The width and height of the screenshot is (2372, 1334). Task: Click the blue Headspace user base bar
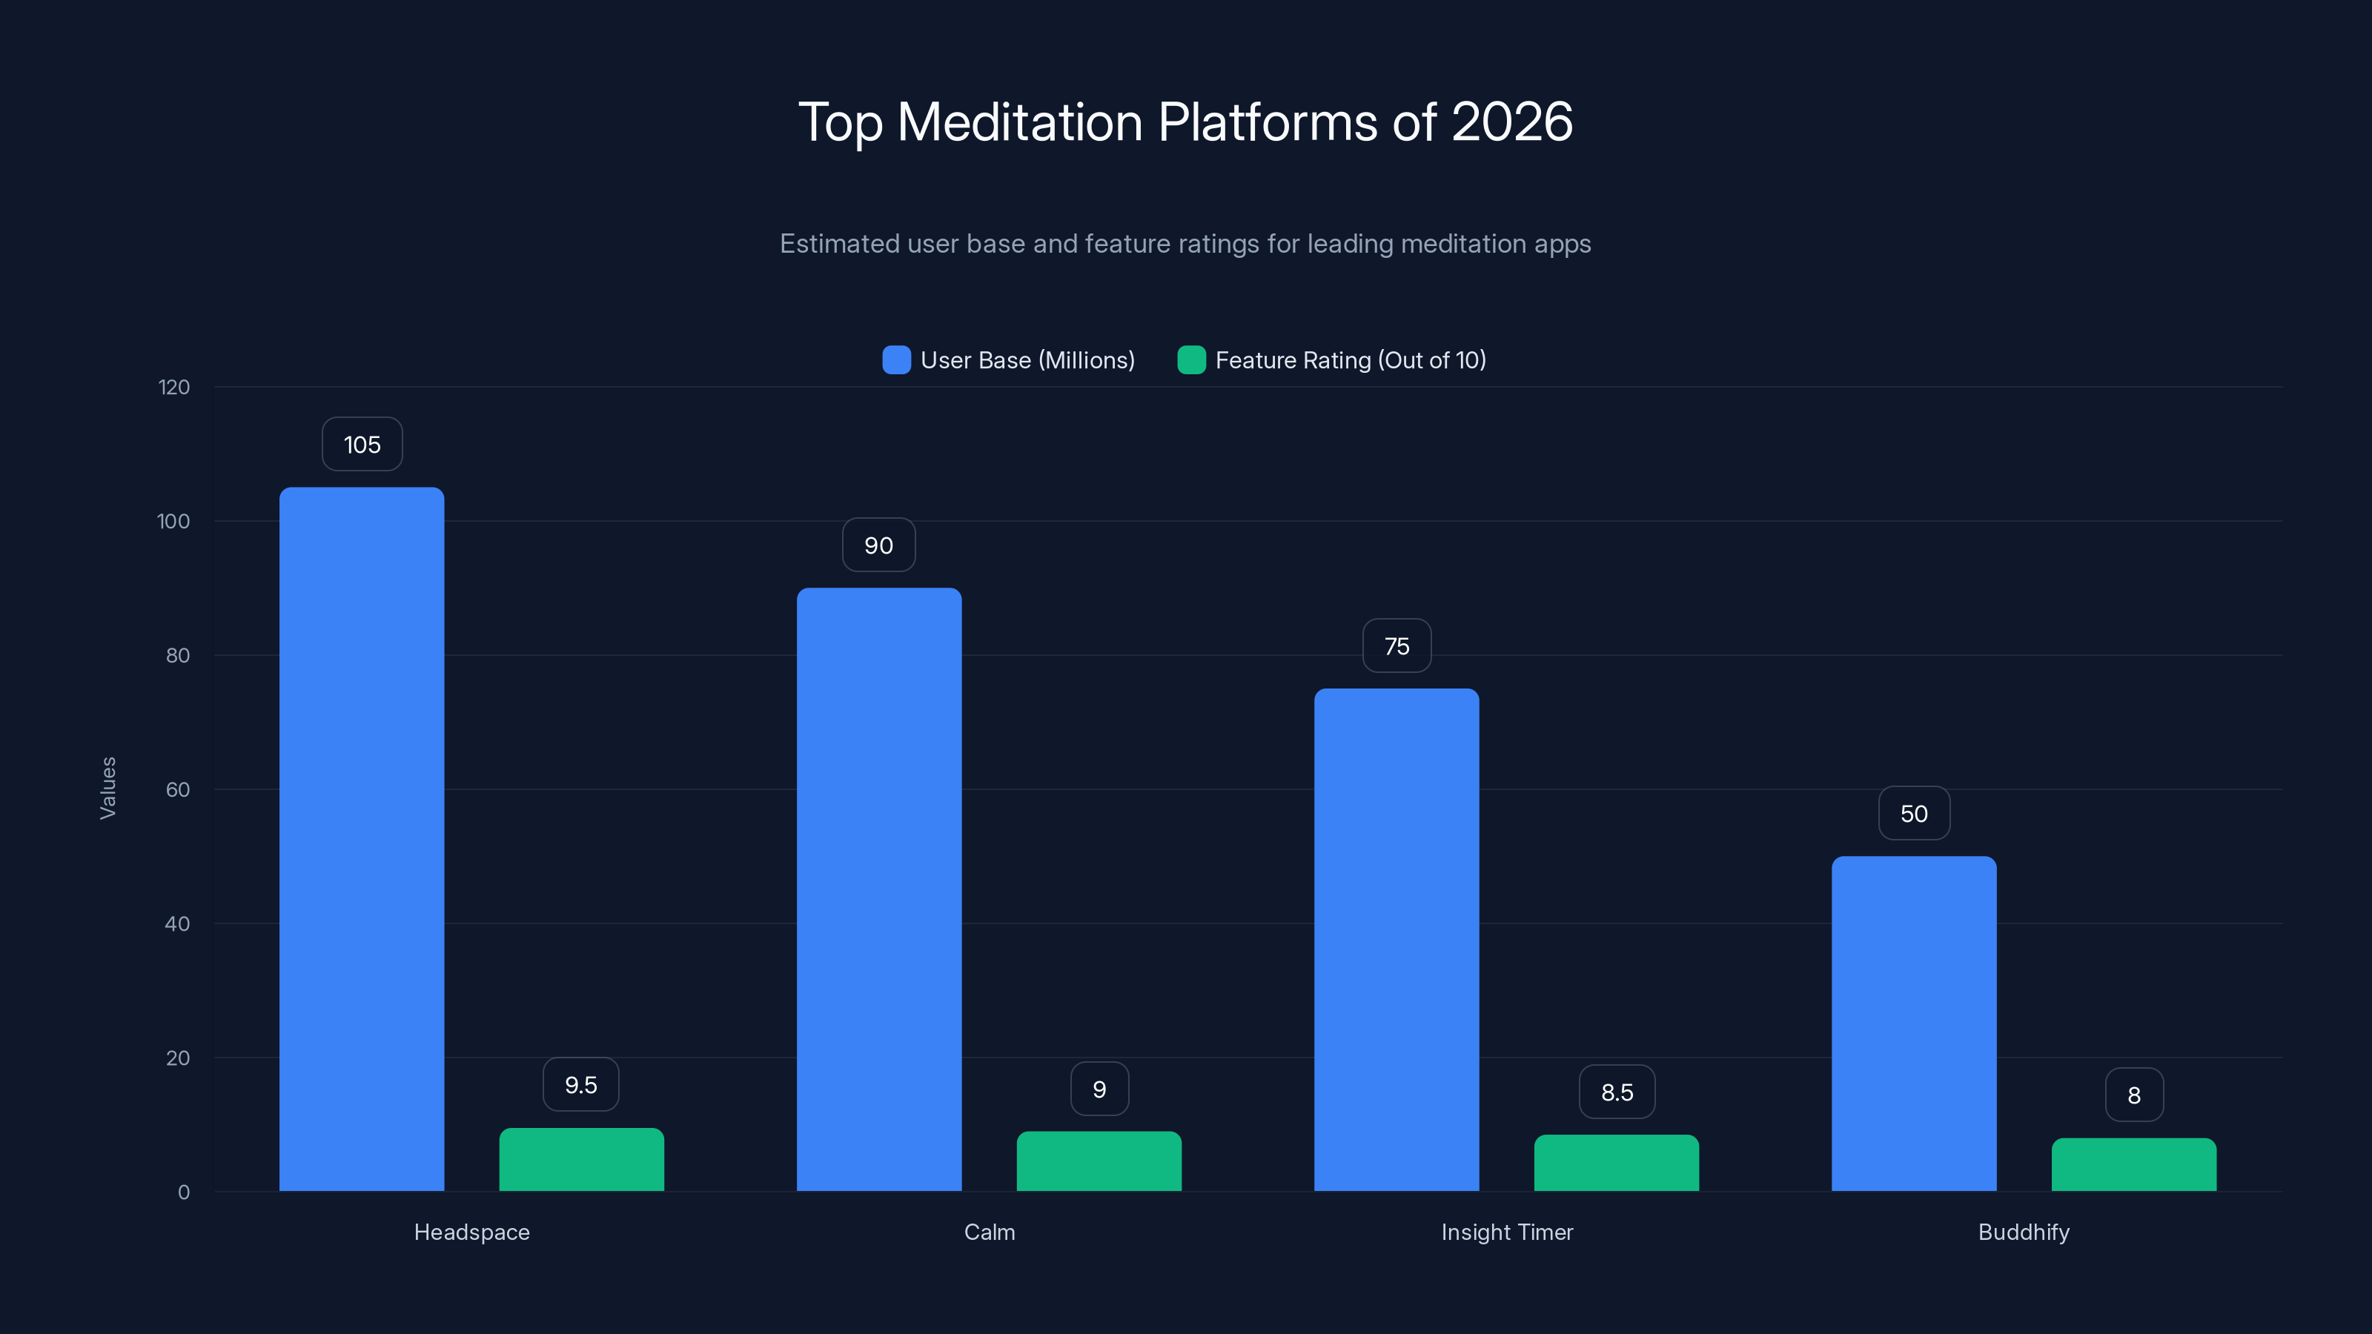pos(362,837)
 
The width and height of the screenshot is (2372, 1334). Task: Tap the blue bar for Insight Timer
pos(1396,939)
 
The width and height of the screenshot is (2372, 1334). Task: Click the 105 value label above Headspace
pos(362,445)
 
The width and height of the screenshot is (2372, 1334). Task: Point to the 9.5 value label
pos(581,1084)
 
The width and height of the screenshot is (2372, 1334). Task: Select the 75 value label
pos(1396,646)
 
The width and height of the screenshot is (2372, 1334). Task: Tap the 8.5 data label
pos(1617,1092)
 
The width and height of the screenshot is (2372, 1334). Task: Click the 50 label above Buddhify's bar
pos(1913,814)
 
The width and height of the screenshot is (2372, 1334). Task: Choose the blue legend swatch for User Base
pos(896,360)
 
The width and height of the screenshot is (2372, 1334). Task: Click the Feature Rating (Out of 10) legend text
pos(1350,360)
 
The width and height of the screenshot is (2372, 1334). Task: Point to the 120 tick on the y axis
pos(174,388)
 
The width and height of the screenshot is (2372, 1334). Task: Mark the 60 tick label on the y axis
pos(178,790)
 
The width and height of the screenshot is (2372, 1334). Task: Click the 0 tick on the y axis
pos(183,1192)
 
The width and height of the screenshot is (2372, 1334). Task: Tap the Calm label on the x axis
pos(989,1232)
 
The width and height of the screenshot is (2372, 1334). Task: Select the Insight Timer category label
pos(1506,1232)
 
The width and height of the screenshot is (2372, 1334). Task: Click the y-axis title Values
pos(107,788)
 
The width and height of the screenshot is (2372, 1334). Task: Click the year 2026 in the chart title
pos(1511,122)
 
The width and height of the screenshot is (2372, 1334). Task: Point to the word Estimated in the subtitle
pos(839,244)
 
